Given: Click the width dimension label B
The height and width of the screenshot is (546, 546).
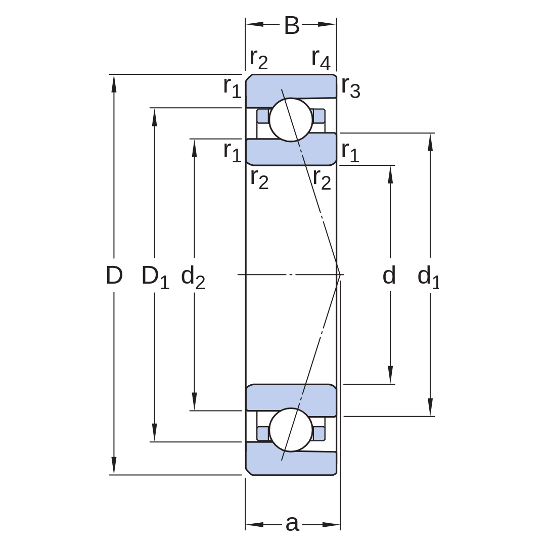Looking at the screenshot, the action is pos(292,25).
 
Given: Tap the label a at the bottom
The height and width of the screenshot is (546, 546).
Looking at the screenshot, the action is pos(292,523).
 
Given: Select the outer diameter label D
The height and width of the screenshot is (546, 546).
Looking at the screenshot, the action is pos(114,275).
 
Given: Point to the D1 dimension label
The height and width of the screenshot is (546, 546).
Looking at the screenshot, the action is pos(155,277).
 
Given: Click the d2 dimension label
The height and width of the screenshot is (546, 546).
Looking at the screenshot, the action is pos(193,277).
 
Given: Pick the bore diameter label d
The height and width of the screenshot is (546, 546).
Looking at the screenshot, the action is pos(389,275).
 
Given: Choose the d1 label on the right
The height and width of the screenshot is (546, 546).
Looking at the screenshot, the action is pos(428,277).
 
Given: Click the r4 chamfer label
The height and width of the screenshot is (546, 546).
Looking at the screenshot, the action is pos(321,59).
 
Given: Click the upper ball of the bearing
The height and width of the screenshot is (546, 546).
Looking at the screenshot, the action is pos(291,120).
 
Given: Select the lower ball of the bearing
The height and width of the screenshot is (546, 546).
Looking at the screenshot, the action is pos(291,430).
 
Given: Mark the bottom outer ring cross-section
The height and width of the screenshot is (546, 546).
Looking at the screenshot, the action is pos(291,463).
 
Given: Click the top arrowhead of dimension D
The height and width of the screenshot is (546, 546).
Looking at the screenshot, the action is pos(114,83).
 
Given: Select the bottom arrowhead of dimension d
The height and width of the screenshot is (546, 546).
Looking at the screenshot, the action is pos(390,375).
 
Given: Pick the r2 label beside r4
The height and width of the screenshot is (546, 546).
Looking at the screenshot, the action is pos(259,59).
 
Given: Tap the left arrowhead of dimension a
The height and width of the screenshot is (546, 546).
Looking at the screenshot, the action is pos(254,524).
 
